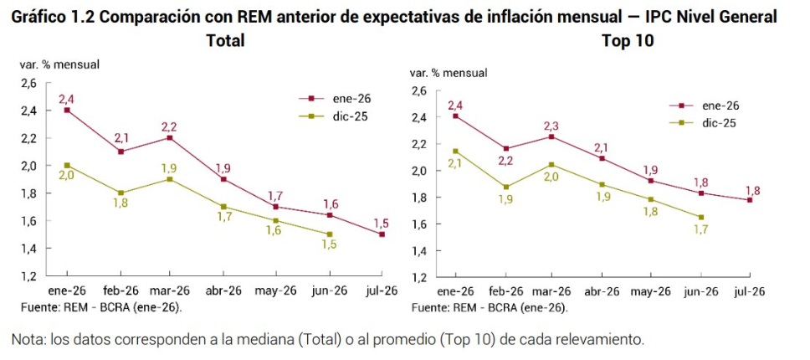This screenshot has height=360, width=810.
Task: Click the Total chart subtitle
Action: pyautogui.click(x=225, y=40)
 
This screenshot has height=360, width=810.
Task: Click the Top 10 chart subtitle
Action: pyautogui.click(x=628, y=40)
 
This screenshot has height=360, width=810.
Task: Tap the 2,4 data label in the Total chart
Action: pyautogui.click(x=67, y=100)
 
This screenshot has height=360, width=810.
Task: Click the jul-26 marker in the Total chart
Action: pyautogui.click(x=382, y=234)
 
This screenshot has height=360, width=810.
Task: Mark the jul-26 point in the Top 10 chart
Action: pyautogui.click(x=750, y=200)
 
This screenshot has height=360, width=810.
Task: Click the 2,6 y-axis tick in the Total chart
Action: pyautogui.click(x=28, y=83)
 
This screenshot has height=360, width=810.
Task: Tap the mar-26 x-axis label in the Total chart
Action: pyautogui.click(x=171, y=291)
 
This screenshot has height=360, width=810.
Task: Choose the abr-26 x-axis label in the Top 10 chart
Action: pyautogui.click(x=601, y=291)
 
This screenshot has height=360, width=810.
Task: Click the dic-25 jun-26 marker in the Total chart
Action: pyautogui.click(x=329, y=234)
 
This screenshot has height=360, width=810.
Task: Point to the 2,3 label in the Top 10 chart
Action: pyautogui.click(x=550, y=126)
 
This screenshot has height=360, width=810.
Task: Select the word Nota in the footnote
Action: pyautogui.click(x=27, y=340)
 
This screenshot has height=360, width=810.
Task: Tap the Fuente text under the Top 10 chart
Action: pyautogui.click(x=431, y=307)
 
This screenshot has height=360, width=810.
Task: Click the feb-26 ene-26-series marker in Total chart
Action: pyautogui.click(x=120, y=152)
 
